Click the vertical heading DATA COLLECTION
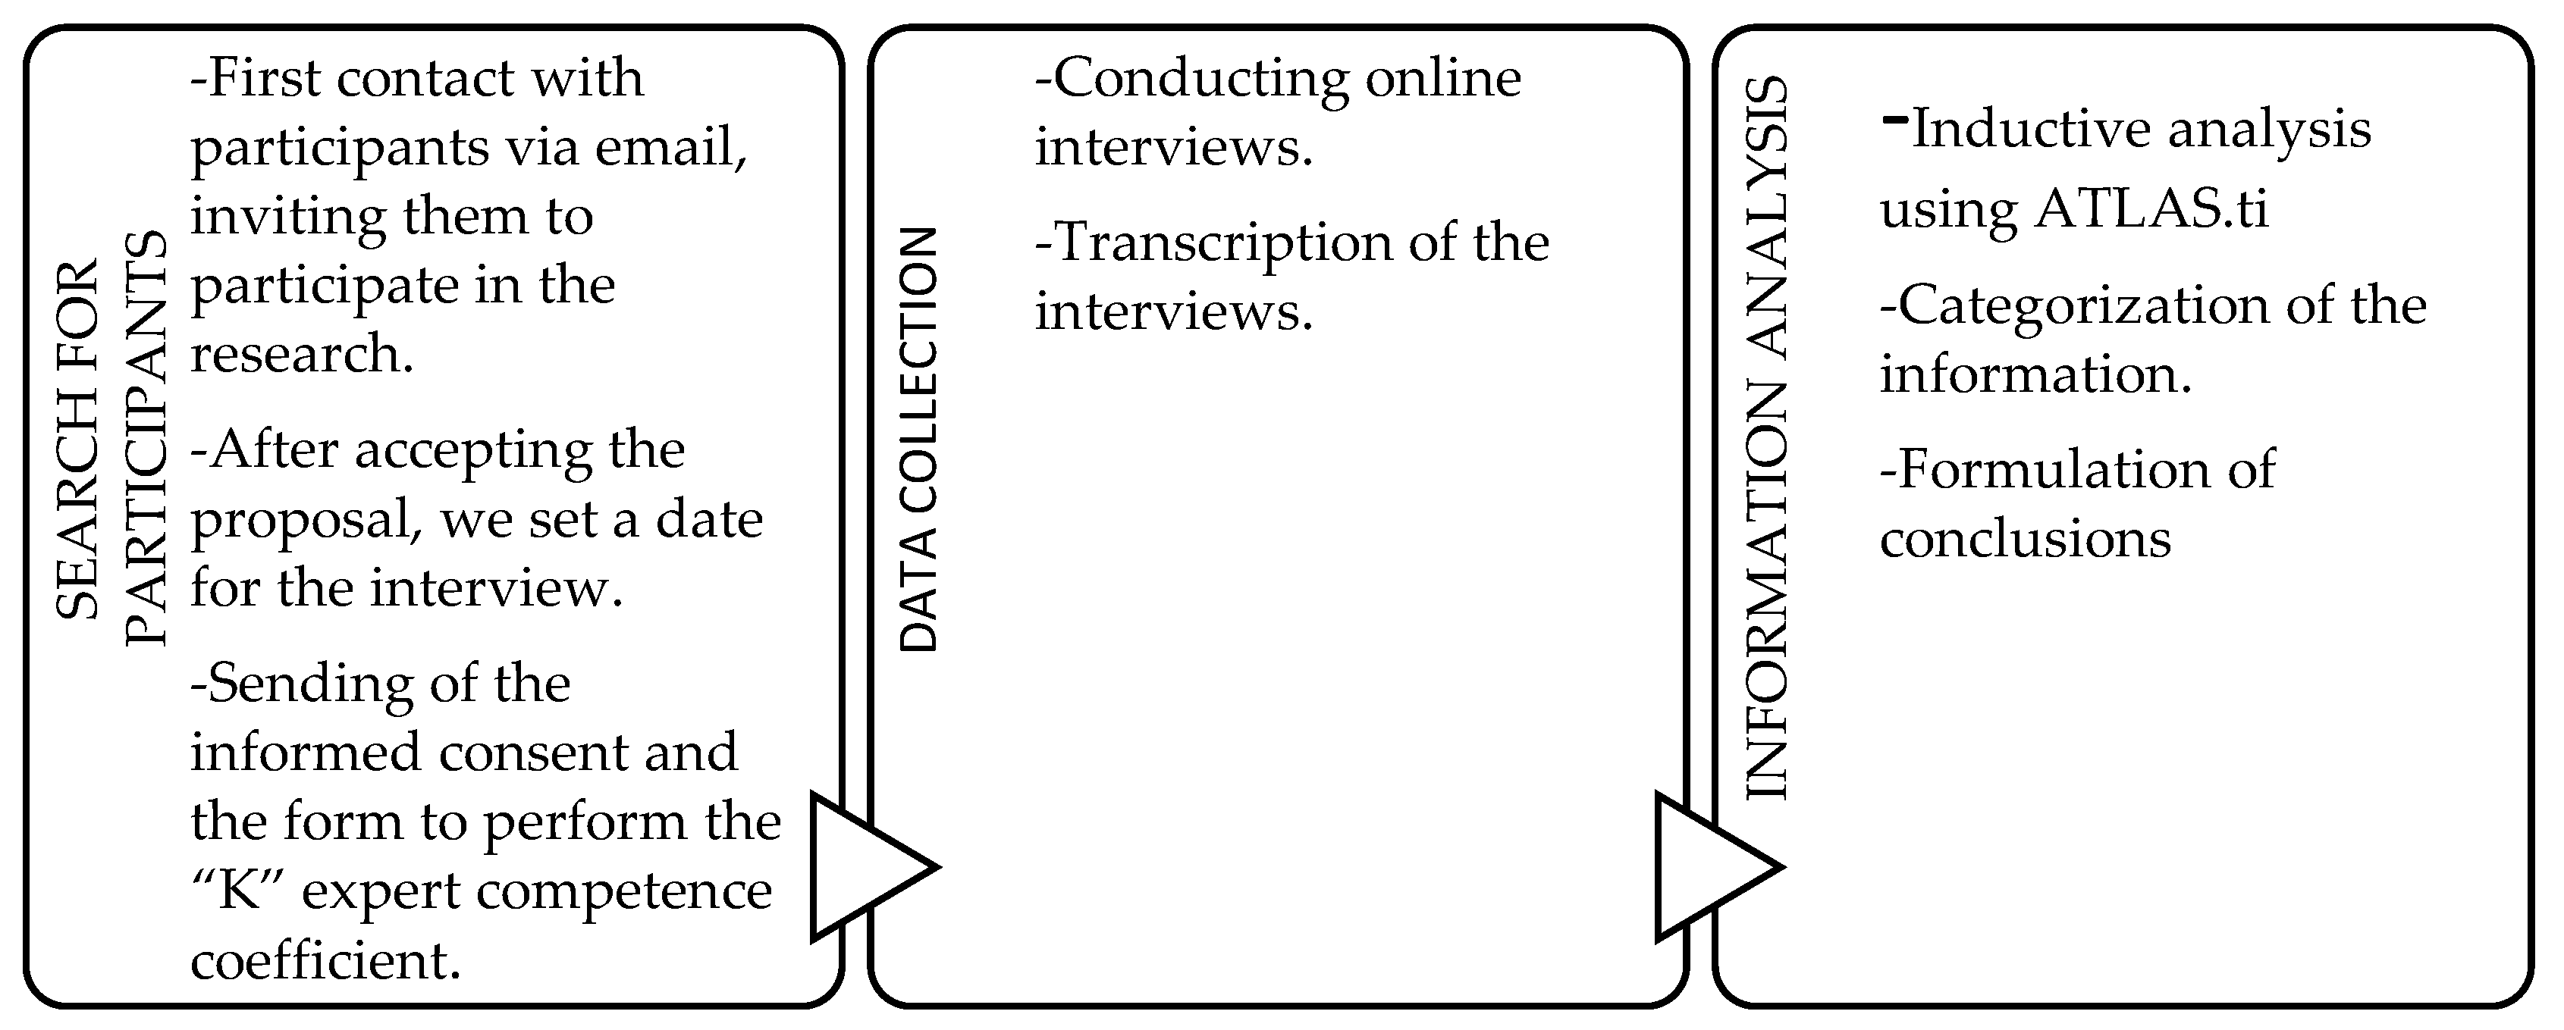[x=918, y=440]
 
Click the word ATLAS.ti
[x=2151, y=209]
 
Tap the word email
[x=671, y=147]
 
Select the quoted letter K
[x=238, y=891]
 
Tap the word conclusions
[x=2025, y=540]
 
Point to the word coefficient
[x=325, y=960]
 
